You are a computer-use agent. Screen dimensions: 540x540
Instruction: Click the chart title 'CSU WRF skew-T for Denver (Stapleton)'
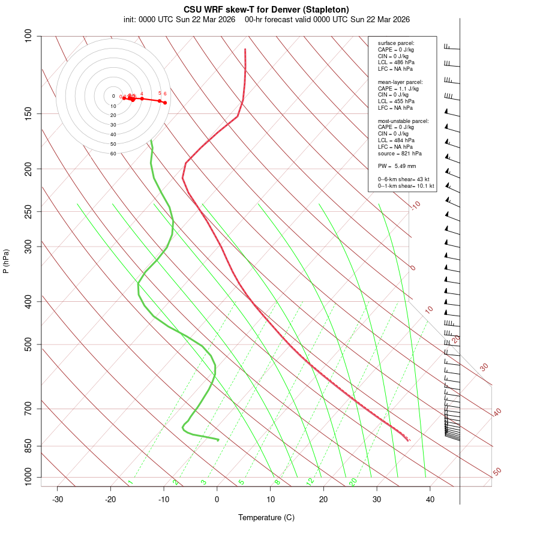(266, 10)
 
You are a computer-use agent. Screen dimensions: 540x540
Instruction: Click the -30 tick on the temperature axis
(58, 499)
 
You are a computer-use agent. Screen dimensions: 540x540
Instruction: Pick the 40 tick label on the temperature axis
(430, 499)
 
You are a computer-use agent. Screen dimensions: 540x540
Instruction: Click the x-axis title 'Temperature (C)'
(266, 517)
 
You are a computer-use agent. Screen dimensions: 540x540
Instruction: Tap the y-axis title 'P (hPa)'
(6, 262)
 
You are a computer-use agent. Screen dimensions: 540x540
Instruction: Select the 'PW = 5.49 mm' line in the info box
(397, 166)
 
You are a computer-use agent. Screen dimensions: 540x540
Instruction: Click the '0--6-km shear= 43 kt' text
(403, 179)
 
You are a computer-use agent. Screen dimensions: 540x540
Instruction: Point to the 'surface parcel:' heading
(396, 43)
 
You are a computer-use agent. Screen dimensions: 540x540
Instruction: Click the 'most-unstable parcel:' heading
(403, 121)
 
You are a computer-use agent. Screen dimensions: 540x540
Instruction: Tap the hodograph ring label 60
(113, 154)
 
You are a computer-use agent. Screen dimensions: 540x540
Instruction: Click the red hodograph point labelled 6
(164, 103)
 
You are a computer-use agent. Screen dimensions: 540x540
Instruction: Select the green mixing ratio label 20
(353, 481)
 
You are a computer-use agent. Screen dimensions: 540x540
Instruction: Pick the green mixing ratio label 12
(310, 481)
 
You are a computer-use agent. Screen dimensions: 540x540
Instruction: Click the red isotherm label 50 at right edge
(497, 472)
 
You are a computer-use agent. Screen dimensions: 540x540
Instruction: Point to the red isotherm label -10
(415, 205)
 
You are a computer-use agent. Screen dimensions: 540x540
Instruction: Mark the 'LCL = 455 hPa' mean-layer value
(396, 101)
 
